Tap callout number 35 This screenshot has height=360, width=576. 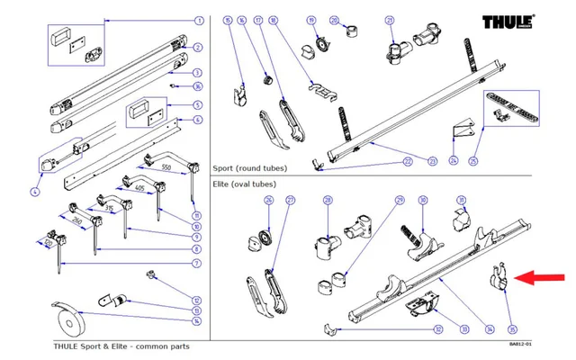(513, 328)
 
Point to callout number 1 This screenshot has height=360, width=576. (198, 20)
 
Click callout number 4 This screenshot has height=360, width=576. (34, 192)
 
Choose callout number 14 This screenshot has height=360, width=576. (197, 321)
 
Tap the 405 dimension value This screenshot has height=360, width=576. (138, 188)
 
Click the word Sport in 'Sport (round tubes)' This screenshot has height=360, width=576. (224, 168)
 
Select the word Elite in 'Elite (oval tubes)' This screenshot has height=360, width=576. (222, 183)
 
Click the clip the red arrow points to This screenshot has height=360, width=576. (498, 276)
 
